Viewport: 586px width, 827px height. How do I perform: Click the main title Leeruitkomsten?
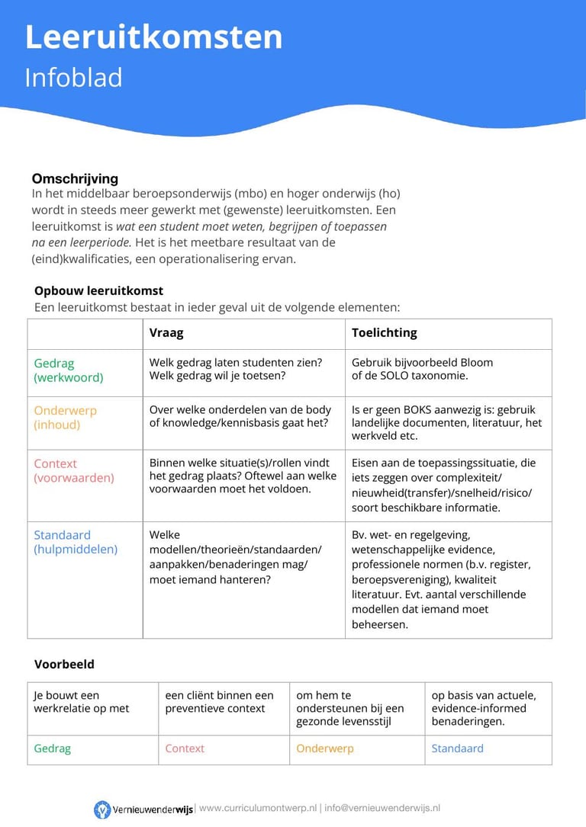coord(153,37)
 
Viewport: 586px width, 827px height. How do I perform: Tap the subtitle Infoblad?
coord(73,78)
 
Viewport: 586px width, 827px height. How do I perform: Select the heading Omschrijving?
coord(75,178)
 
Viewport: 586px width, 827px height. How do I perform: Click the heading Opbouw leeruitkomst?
coord(98,290)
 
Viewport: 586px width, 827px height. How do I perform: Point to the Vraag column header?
coord(166,333)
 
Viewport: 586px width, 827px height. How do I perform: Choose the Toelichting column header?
coord(384,333)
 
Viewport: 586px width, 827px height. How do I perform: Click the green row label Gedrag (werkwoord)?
coord(68,370)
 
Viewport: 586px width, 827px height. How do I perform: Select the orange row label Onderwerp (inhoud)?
coord(65,418)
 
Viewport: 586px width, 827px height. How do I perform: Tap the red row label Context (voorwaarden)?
coord(73,470)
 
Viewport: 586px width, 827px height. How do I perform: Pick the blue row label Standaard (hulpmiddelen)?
coord(75,542)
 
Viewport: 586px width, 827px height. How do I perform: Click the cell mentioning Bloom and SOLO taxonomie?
coord(422,369)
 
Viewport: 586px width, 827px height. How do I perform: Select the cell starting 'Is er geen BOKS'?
coord(446,423)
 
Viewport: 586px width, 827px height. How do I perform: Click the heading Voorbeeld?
coord(64,664)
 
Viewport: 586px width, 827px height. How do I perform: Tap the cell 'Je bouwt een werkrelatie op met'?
coord(81,702)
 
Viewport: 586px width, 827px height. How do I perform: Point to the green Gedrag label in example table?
coord(52,748)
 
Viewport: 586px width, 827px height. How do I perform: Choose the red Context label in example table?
coord(185,748)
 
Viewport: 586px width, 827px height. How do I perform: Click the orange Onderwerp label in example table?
coord(325,748)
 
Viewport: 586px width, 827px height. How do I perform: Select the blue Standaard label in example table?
coord(457,748)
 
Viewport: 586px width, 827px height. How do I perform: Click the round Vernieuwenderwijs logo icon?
coord(102,809)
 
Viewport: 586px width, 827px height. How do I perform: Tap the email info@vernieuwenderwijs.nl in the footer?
coord(382,808)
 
